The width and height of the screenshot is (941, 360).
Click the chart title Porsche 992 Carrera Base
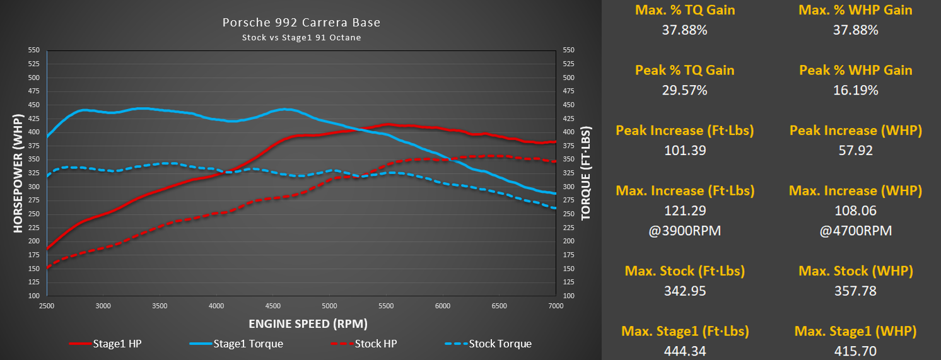click(x=301, y=23)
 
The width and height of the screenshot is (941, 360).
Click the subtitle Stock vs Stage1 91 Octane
click(x=301, y=37)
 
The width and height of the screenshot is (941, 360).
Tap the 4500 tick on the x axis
click(x=273, y=306)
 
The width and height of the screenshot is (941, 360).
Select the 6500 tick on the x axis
click(x=499, y=306)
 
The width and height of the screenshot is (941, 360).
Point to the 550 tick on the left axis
click(x=33, y=50)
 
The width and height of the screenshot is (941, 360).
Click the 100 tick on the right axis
click(x=568, y=296)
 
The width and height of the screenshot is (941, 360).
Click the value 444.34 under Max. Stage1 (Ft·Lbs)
click(x=684, y=351)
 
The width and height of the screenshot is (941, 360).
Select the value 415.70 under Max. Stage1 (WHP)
click(x=855, y=351)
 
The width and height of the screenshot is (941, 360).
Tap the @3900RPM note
click(x=684, y=231)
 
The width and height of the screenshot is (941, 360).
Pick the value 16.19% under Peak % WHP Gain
click(x=855, y=90)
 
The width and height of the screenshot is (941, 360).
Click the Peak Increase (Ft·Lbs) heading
click(x=684, y=131)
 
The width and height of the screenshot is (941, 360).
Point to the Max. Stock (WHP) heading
click(x=855, y=271)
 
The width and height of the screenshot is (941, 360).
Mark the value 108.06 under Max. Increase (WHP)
click(x=855, y=211)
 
